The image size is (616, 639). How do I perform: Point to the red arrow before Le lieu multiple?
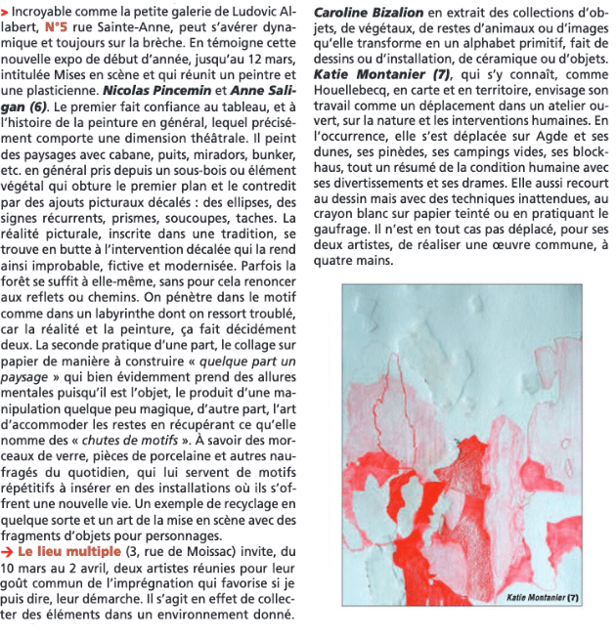8,551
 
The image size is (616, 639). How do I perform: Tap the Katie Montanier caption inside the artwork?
544,597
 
